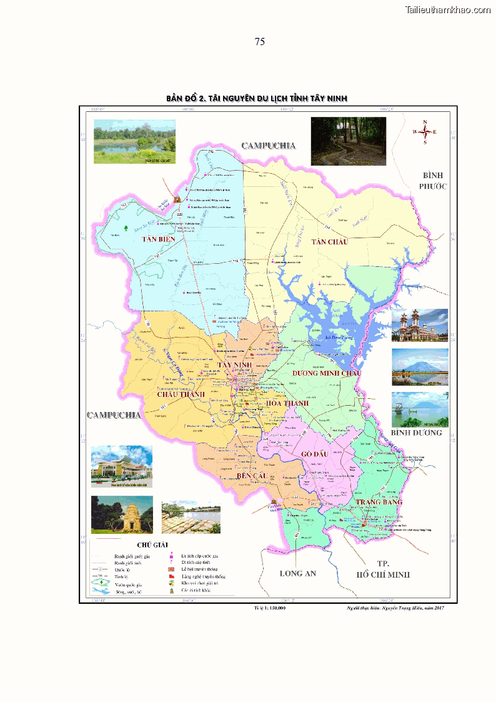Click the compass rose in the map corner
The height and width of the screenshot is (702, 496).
pyautogui.click(x=425, y=132)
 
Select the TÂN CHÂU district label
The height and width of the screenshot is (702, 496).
pyautogui.click(x=329, y=242)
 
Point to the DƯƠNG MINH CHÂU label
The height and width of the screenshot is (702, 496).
pyautogui.click(x=327, y=373)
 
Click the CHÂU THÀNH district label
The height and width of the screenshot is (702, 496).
pyautogui.click(x=181, y=394)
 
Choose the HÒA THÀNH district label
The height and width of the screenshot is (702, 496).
pyautogui.click(x=287, y=403)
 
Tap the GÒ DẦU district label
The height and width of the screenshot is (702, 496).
pyautogui.click(x=314, y=454)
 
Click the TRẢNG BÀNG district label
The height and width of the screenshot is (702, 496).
pyautogui.click(x=379, y=502)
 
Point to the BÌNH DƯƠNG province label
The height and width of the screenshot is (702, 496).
pyautogui.click(x=417, y=433)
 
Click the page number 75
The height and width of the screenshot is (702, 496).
pyautogui.click(x=260, y=42)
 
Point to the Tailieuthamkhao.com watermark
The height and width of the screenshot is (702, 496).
pyautogui.click(x=448, y=9)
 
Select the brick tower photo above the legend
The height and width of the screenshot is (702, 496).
pyautogui.click(x=122, y=514)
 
